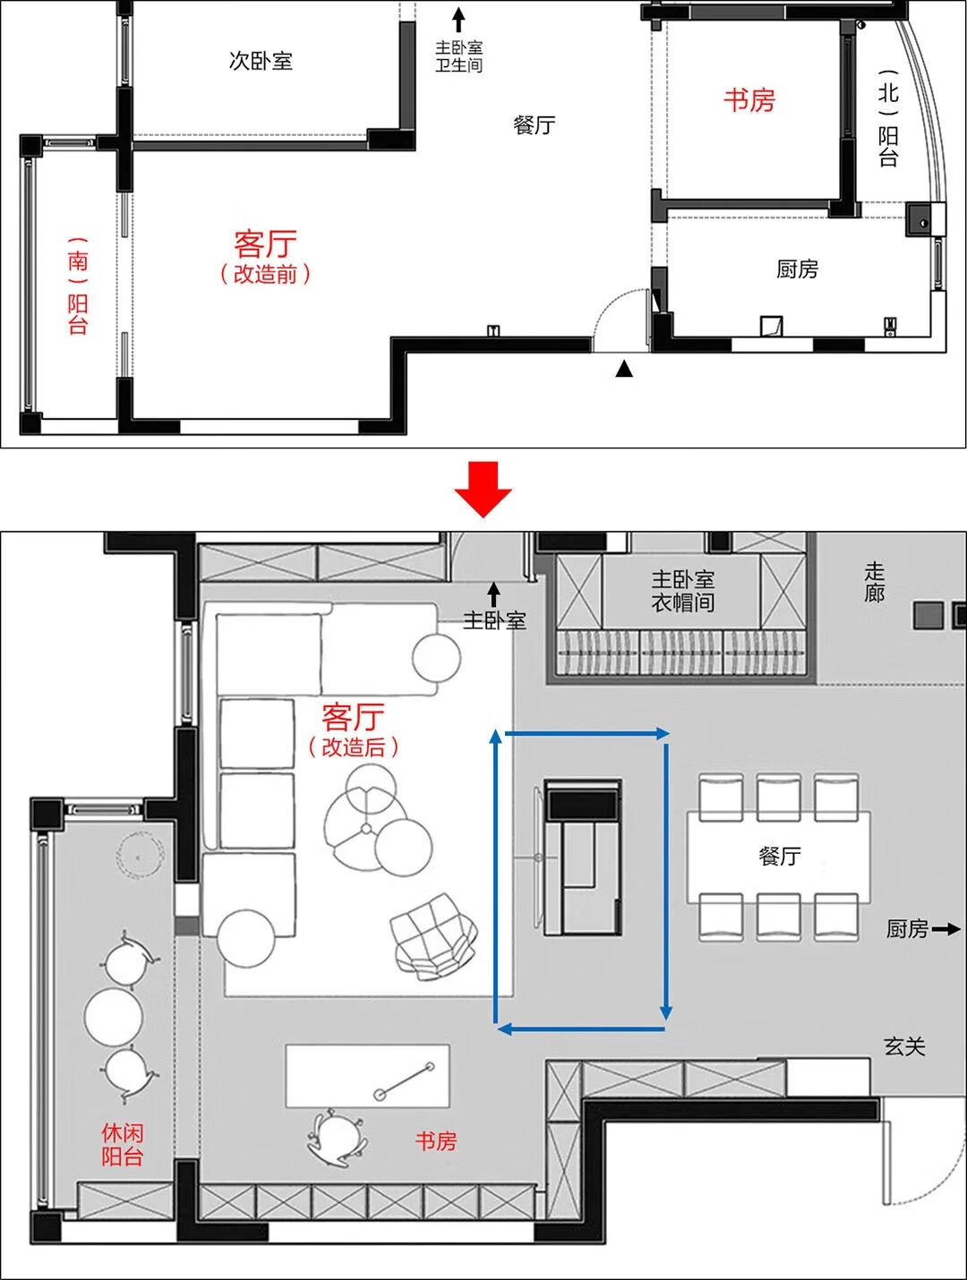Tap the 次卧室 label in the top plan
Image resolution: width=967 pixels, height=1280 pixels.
click(x=261, y=61)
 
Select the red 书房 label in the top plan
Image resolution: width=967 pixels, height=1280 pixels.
click(x=749, y=100)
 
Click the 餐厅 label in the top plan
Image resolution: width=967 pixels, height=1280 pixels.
click(x=534, y=124)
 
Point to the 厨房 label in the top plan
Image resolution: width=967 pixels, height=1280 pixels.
click(x=797, y=269)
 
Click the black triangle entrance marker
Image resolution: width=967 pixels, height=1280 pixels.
click(x=624, y=368)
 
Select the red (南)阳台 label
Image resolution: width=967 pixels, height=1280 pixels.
click(x=78, y=286)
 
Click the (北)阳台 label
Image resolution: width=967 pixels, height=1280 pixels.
click(x=887, y=119)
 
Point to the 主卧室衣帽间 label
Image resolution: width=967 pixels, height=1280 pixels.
click(x=682, y=591)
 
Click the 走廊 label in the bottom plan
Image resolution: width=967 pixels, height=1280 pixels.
click(x=874, y=582)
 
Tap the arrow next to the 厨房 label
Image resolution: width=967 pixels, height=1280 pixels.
click(x=946, y=930)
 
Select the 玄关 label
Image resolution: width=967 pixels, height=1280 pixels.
click(x=904, y=1045)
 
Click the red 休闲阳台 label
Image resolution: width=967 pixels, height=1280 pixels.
click(x=122, y=1144)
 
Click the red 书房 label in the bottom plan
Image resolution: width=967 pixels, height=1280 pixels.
click(x=435, y=1140)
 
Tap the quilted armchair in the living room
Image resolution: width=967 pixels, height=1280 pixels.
click(x=433, y=934)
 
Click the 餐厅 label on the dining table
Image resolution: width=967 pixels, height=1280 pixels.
click(x=779, y=856)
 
